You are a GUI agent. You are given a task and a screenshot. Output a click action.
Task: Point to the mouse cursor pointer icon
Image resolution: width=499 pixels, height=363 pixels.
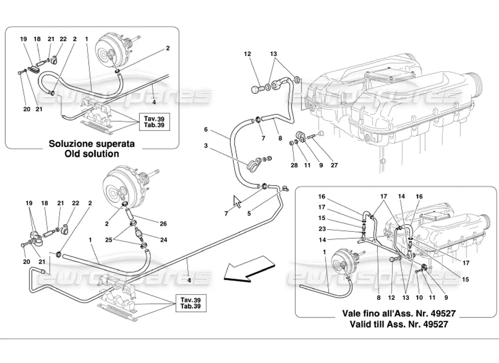pos(237,201)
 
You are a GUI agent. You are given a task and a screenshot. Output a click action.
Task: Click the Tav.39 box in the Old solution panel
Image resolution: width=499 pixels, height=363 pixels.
pos(154,122)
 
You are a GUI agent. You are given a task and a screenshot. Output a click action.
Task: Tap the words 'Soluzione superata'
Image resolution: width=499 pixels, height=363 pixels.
pos(92,143)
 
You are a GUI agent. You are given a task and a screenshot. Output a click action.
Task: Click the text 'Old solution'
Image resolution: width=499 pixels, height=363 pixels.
pos(92,154)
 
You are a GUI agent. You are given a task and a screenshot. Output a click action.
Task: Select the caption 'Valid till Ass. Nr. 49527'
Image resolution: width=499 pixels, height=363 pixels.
pos(399,324)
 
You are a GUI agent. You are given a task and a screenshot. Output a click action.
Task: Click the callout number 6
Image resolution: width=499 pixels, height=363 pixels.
pos(206,130)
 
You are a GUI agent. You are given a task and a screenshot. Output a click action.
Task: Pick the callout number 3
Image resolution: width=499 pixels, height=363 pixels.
pos(206,146)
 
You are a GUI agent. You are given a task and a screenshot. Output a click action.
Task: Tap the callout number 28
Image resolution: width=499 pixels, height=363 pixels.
pos(294,165)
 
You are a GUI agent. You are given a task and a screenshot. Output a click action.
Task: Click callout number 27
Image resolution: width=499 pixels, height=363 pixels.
pos(334,165)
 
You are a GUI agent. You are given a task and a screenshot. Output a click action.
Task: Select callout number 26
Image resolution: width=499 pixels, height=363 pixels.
pos(163,224)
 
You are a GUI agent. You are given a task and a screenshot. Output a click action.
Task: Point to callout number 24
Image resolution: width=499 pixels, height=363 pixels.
pos(164,240)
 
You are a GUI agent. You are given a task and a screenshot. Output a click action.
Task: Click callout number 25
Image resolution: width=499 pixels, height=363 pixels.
pos(109,240)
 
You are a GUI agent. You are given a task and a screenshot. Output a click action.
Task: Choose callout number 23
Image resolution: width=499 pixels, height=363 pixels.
pos(322,229)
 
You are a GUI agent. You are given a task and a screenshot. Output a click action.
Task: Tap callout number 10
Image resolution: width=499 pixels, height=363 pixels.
pos(419,297)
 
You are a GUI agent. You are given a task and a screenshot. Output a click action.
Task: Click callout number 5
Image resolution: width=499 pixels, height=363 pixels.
pos(249,214)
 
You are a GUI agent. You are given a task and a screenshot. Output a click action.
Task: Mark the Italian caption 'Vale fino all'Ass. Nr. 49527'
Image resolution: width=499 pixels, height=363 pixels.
pos(399,314)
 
